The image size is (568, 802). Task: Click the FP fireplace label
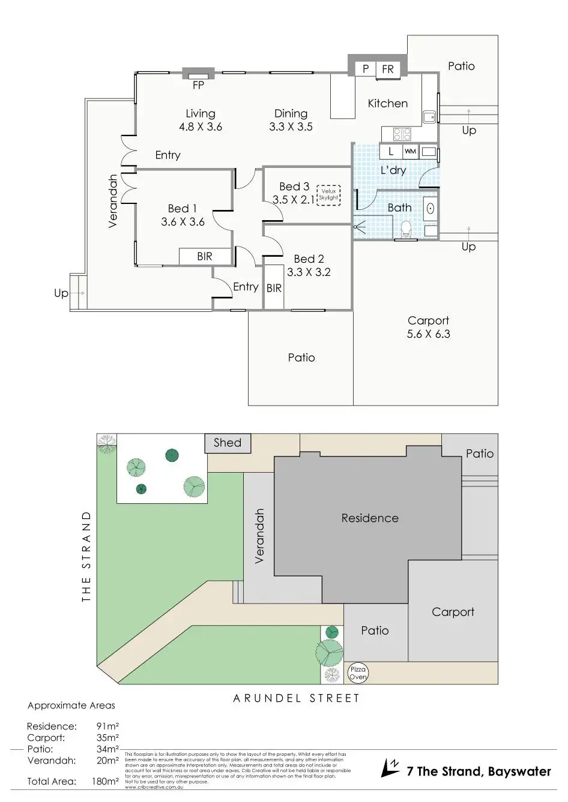pyautogui.click(x=198, y=85)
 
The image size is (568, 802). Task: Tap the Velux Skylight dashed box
pyautogui.click(x=328, y=194)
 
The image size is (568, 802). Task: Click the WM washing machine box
pyautogui.click(x=410, y=152)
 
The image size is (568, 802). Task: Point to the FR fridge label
pyautogui.click(x=388, y=70)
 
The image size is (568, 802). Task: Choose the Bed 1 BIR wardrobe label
pyautogui.click(x=205, y=256)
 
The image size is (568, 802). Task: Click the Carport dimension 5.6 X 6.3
pyautogui.click(x=428, y=334)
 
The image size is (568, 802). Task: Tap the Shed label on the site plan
pyautogui.click(x=228, y=443)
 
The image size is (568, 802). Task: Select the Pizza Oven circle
pyautogui.click(x=358, y=673)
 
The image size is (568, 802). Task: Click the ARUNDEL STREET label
pyautogui.click(x=296, y=698)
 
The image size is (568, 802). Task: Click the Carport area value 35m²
pyautogui.click(x=107, y=738)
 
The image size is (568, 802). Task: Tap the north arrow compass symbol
pyautogui.click(x=390, y=768)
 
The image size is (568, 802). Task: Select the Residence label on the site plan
pyautogui.click(x=370, y=518)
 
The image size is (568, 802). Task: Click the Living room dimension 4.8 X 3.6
pyautogui.click(x=201, y=127)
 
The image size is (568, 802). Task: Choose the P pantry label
pyautogui.click(x=365, y=70)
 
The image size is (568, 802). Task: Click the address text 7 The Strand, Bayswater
pyautogui.click(x=479, y=771)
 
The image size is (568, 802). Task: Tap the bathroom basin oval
pyautogui.click(x=431, y=208)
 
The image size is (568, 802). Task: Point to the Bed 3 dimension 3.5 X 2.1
pyautogui.click(x=294, y=200)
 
